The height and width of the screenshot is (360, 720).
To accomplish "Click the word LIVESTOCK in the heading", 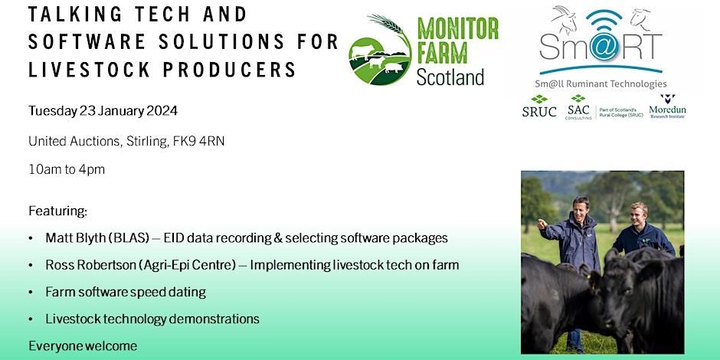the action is coord(90,70).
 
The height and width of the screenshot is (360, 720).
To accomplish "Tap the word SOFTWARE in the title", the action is coord(87,42).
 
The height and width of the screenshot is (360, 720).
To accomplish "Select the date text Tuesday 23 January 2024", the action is coord(103,111).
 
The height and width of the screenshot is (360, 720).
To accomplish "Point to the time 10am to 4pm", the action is coord(67,169).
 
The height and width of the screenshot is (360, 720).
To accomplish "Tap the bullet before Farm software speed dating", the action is coord(31,293).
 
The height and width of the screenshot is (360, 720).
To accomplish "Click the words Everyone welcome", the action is coord(83,345).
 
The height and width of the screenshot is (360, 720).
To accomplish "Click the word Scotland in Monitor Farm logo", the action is coord(450,77).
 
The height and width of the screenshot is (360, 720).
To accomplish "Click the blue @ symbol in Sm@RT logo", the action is coord(604,45).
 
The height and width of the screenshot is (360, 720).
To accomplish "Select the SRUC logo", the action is coord(539,106).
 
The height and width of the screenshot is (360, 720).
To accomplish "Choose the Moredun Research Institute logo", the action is coord(667,106).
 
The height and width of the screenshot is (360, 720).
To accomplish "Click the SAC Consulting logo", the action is coord(578,107).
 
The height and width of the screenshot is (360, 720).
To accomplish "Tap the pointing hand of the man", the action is coord(543,224).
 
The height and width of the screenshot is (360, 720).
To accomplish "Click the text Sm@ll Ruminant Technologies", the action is coord(601,83).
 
